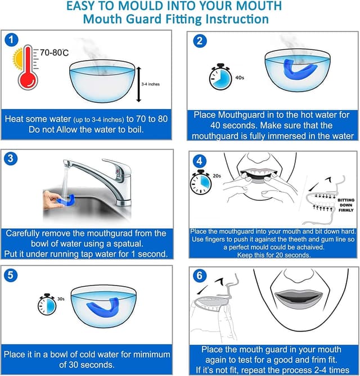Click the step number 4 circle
click(201, 162)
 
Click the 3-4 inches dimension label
click(150, 84)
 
